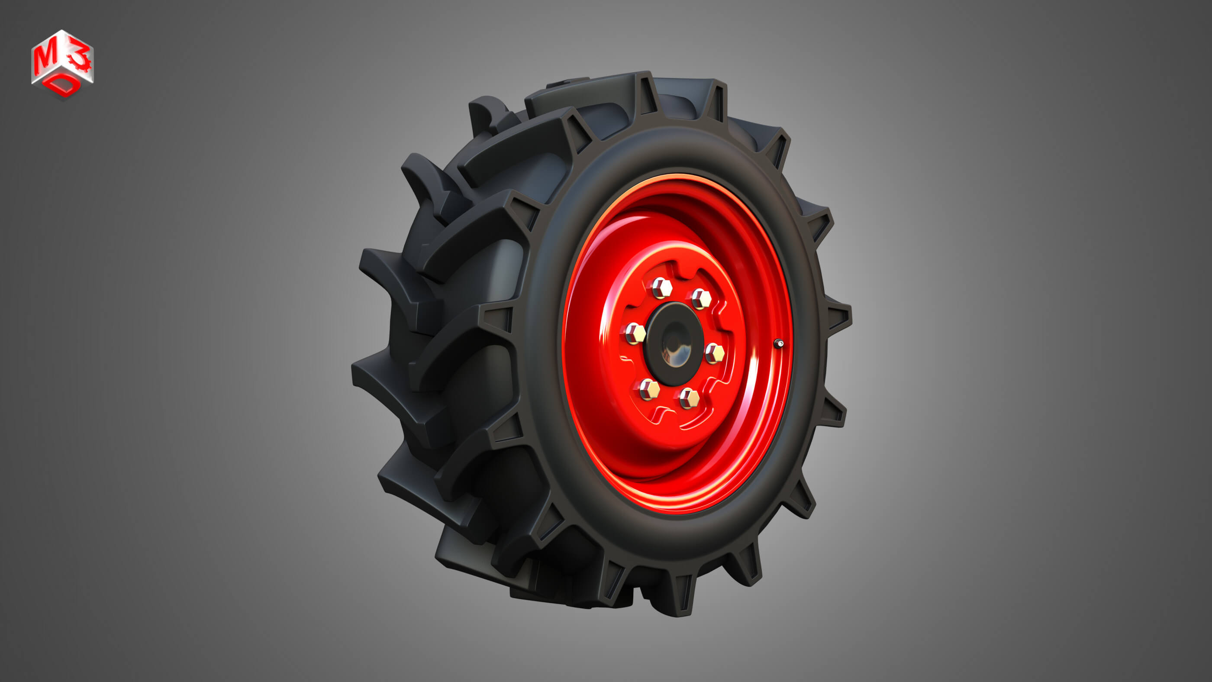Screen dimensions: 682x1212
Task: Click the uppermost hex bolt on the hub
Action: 661,288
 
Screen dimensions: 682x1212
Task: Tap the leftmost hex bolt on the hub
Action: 635,334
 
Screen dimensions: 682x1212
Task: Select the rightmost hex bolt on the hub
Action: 715,353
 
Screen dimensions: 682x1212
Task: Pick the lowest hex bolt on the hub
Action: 689,399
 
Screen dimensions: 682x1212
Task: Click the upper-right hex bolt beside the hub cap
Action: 700,298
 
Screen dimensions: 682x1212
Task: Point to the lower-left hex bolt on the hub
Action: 649,389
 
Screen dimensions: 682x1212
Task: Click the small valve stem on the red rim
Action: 779,344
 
